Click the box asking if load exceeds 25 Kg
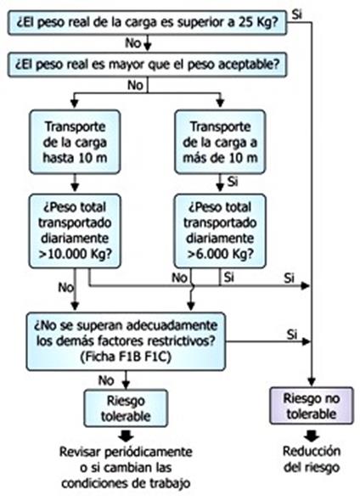[147, 23]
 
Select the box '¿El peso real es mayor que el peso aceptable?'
[147, 65]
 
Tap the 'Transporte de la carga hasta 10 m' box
[75, 142]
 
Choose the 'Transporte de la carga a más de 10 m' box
[220, 142]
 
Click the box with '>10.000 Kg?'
[75, 231]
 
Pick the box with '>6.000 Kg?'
[220, 231]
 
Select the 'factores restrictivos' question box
[126, 341]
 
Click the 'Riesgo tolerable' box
[126, 408]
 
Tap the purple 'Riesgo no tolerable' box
[312, 406]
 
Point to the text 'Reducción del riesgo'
[312, 459]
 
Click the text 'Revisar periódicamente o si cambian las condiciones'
[126, 467]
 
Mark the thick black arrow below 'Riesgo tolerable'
[126, 436]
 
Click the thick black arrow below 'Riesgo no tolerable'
[312, 435]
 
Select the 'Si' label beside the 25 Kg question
[297, 14]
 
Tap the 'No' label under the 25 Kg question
[132, 42]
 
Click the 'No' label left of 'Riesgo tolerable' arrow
[106, 380]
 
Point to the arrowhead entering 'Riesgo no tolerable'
[312, 382]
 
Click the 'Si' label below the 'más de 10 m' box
[233, 182]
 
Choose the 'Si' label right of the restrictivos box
[292, 335]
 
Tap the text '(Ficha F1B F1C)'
[126, 357]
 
